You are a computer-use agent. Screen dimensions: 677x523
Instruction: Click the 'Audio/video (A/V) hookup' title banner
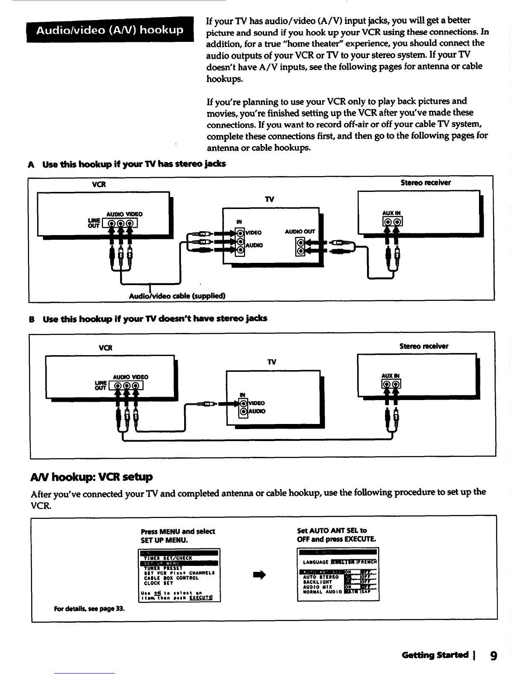[110, 30]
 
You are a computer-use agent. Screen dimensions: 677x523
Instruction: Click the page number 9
[494, 655]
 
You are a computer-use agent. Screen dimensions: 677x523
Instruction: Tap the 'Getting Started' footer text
[435, 655]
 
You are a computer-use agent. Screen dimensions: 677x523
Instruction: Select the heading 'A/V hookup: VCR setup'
[91, 477]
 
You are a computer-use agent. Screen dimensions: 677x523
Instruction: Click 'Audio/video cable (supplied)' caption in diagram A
[177, 296]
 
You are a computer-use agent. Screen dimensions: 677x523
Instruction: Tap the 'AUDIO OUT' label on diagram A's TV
[300, 232]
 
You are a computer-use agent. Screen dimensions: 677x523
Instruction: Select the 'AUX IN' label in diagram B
[391, 376]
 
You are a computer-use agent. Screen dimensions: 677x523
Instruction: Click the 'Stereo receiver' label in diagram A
[426, 182]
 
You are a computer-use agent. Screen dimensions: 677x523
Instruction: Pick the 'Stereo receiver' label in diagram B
[424, 346]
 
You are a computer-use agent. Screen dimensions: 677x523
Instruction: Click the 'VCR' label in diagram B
[105, 348]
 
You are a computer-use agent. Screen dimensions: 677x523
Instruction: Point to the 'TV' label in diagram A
[270, 200]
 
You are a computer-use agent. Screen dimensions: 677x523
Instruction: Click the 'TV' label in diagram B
[272, 362]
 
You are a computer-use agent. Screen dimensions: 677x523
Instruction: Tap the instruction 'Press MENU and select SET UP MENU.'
[178, 536]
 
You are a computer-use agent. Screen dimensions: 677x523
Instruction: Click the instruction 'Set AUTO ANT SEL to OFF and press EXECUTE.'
[336, 535]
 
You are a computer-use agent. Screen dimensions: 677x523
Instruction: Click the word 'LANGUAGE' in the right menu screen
[315, 562]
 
